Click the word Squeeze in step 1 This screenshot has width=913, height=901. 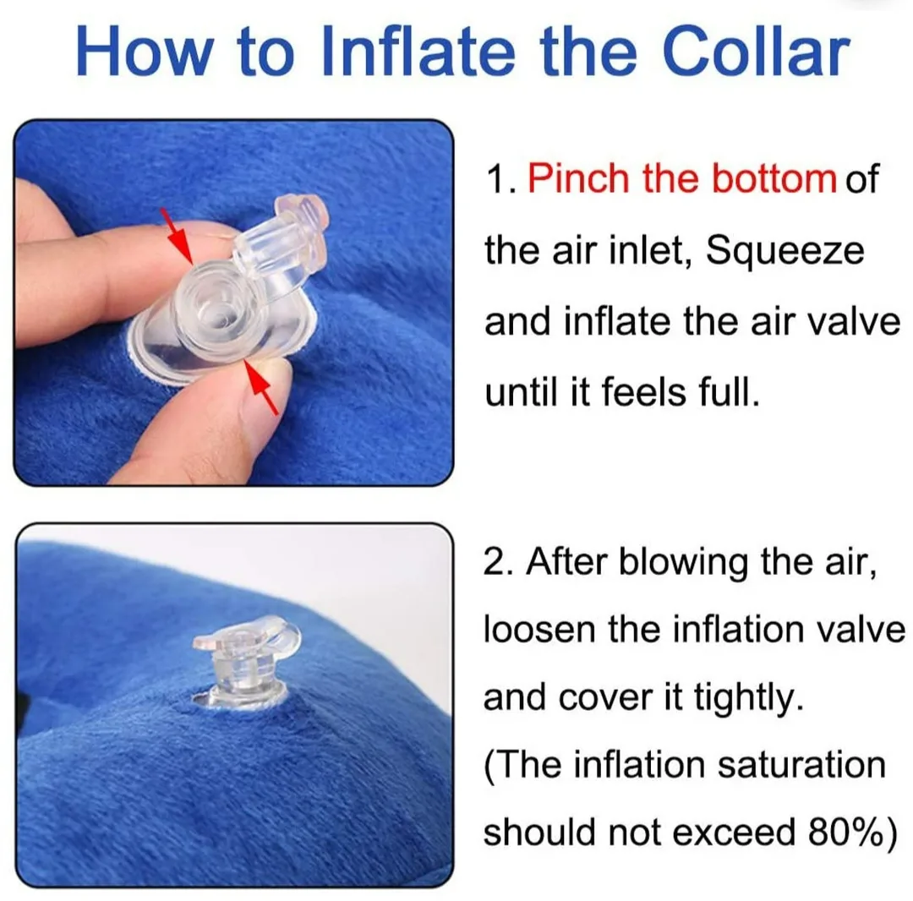(785, 252)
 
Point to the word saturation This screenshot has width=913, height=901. (801, 766)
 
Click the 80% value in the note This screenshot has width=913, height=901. (837, 833)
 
